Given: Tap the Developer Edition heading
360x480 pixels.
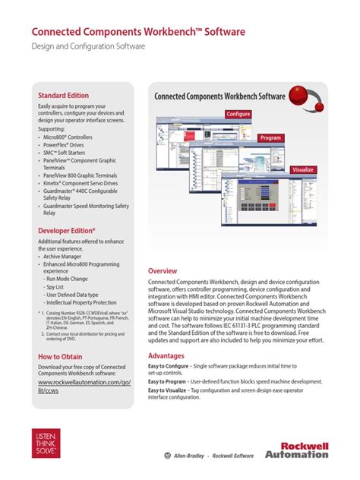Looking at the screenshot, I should pos(67,229).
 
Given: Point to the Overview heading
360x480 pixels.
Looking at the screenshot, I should pos(163,271).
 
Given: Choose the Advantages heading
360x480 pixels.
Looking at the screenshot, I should pos(166,355).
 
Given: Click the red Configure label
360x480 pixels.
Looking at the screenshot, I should pos(237,114).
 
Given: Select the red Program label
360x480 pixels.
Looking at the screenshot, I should pos(270,138).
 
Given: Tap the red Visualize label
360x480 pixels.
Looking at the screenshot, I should pos(304,170).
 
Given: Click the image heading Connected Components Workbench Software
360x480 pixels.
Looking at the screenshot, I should pos(219,96).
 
